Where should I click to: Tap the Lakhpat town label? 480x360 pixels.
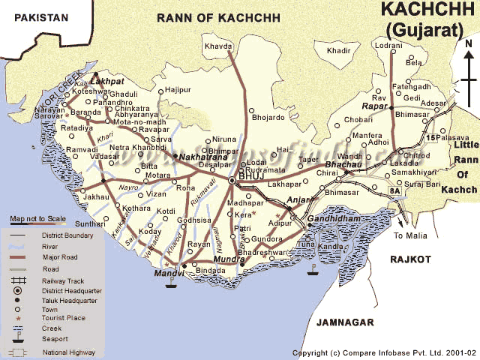(106, 79)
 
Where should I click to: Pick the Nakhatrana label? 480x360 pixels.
(202, 157)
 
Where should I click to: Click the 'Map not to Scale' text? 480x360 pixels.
(38, 219)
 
